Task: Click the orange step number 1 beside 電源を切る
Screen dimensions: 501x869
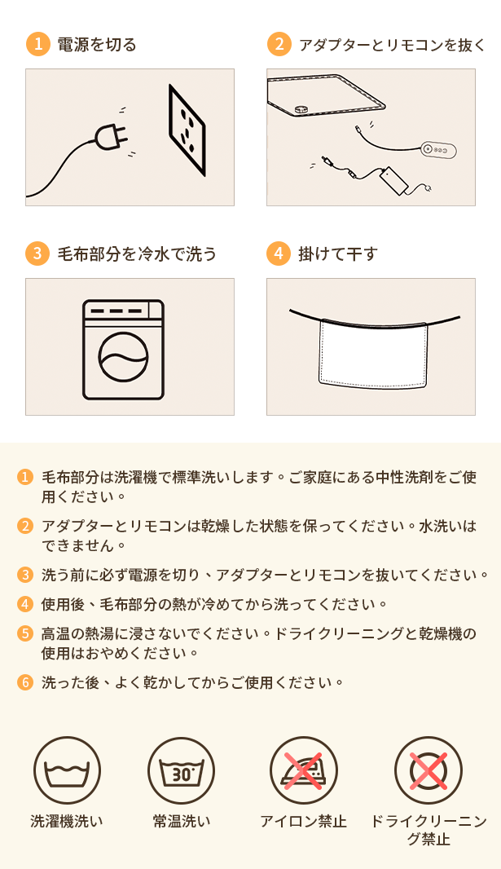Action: [37, 44]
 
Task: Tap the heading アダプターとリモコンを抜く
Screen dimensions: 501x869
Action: [392, 44]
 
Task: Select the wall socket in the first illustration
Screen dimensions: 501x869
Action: [187, 130]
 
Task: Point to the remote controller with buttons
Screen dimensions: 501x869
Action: [438, 150]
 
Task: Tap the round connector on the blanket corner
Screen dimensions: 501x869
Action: [301, 109]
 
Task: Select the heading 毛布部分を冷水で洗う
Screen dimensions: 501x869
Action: [137, 254]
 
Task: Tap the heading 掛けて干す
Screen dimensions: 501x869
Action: [338, 254]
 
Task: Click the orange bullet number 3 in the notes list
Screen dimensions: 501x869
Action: [25, 574]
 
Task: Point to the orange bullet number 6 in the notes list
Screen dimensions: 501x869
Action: [25, 682]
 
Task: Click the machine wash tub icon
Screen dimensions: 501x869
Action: [67, 770]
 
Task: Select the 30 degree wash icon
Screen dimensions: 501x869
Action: [181, 770]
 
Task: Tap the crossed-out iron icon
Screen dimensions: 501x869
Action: [303, 770]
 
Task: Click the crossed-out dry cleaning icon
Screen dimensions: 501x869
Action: [428, 770]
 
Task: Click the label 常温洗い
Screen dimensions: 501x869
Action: [182, 822]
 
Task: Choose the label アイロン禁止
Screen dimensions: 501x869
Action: [303, 822]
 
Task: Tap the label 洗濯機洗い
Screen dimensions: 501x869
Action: [67, 822]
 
